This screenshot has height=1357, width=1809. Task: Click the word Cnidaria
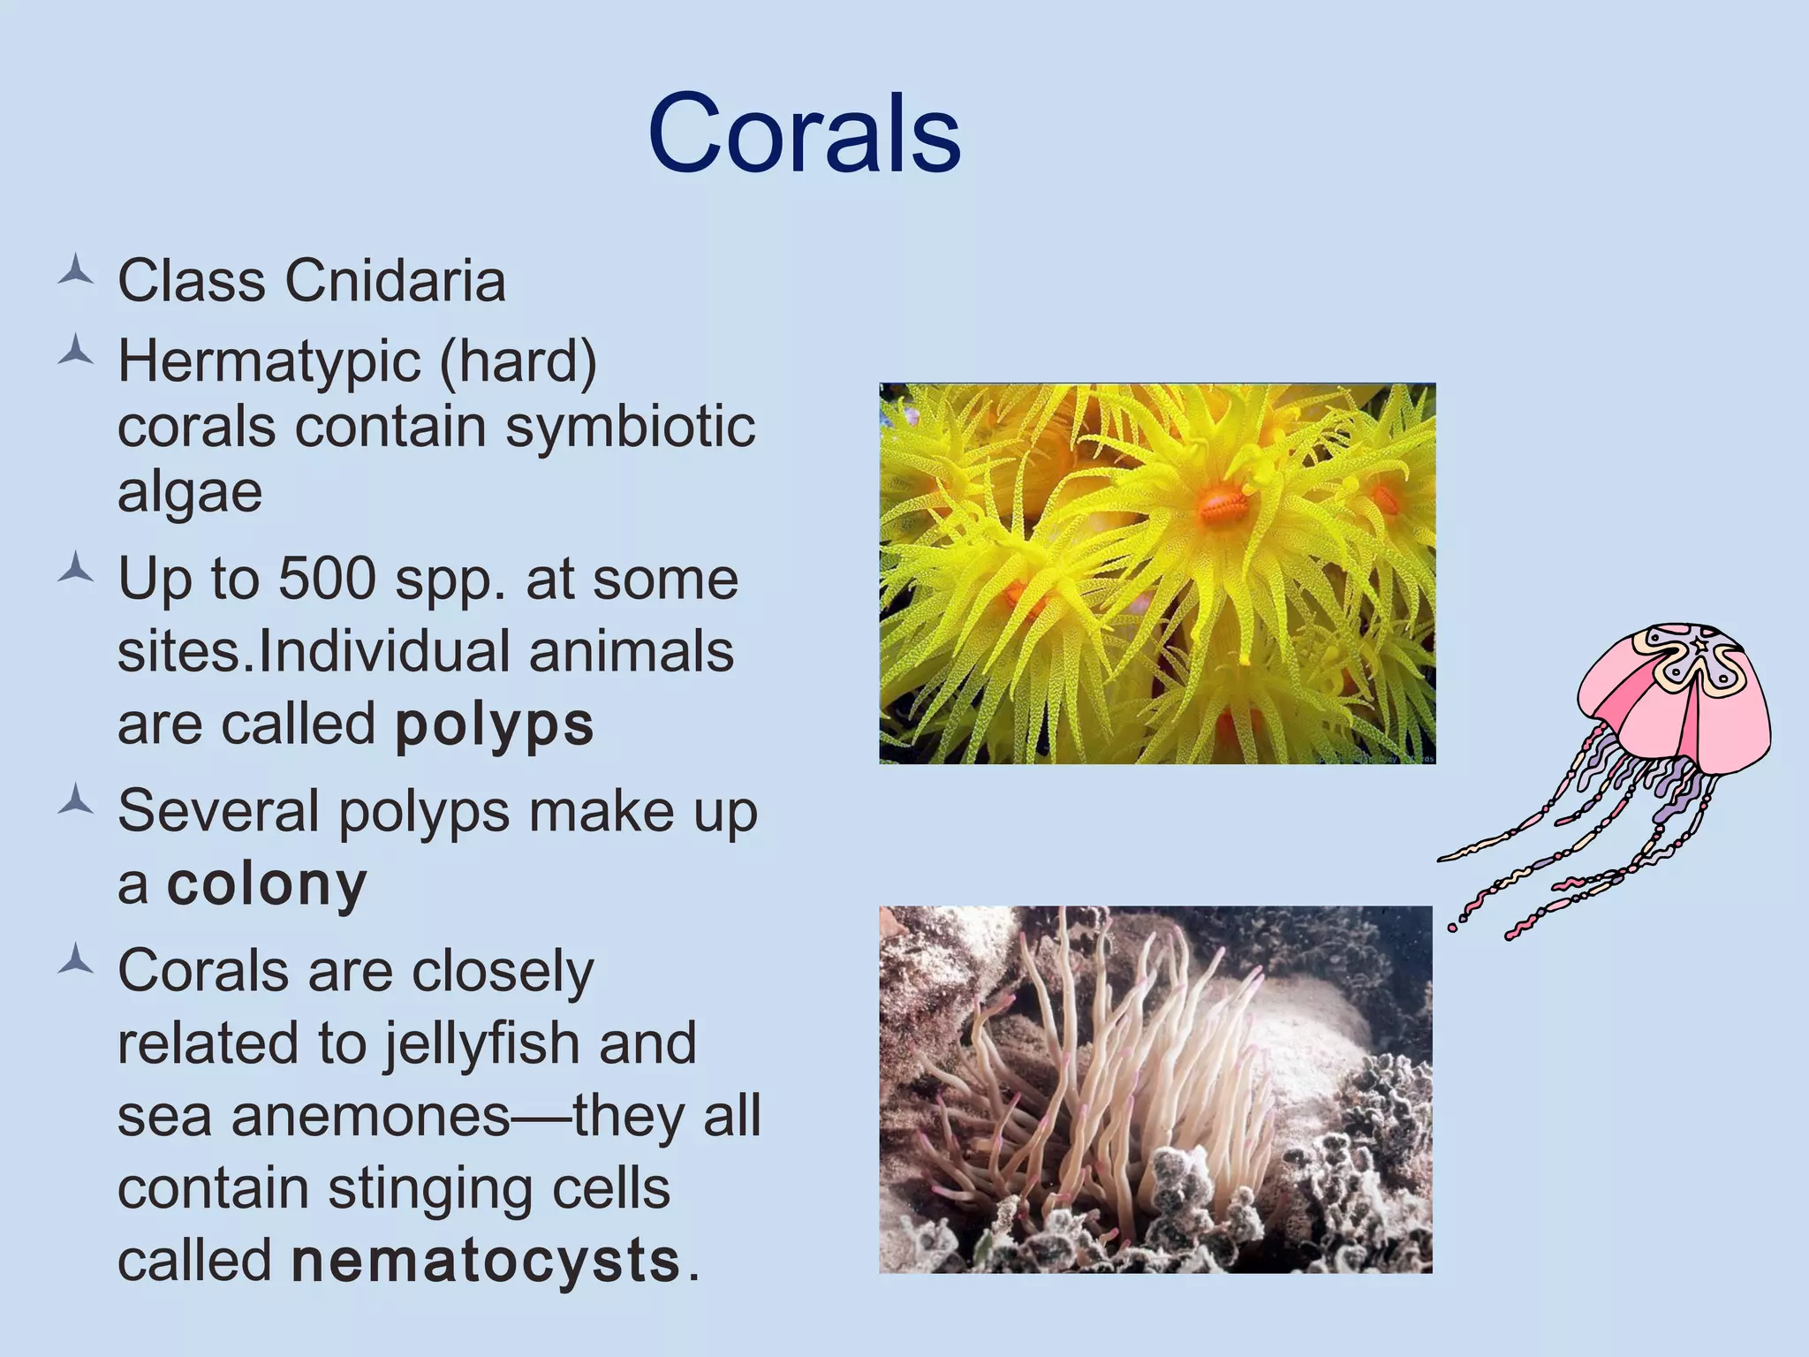(395, 282)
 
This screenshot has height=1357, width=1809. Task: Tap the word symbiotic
(630, 427)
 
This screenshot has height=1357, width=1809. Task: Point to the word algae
(190, 492)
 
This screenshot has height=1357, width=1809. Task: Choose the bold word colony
(267, 883)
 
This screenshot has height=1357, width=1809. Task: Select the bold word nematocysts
(485, 1261)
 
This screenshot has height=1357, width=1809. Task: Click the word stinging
(430, 1189)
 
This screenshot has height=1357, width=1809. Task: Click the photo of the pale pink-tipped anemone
(1155, 1089)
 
